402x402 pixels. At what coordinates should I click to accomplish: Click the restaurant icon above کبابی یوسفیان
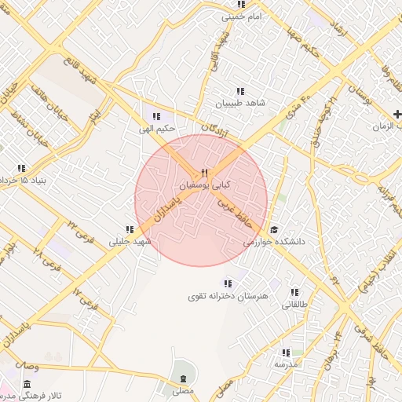click(204, 174)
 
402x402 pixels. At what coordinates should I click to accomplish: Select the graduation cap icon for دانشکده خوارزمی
click(274, 229)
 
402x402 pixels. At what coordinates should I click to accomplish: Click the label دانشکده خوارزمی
click(273, 243)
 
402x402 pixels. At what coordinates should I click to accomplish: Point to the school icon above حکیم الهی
click(157, 115)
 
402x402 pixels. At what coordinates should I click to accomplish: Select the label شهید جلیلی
click(129, 242)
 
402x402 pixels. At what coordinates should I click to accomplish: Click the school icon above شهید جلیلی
click(129, 229)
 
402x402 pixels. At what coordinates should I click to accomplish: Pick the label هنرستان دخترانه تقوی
click(228, 296)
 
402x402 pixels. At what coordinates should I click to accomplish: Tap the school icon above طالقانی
click(295, 291)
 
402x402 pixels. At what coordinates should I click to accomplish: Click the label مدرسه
click(286, 365)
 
